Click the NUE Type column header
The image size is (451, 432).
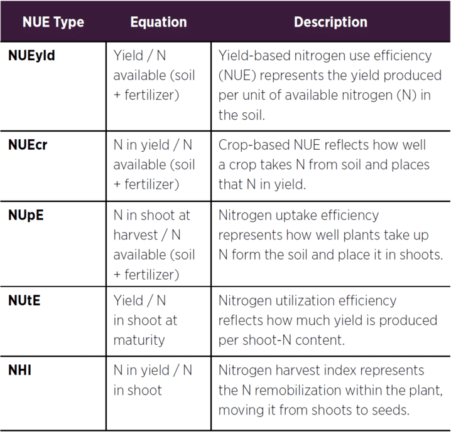pos(53,23)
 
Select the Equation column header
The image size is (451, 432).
pos(158,22)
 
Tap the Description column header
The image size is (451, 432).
pos(330,23)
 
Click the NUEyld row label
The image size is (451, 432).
pos(31,56)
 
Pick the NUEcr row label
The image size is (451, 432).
pos(28,145)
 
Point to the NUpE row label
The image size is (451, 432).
pos(26,216)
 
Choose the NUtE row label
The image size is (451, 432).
pos(24,300)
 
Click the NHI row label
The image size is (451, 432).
pos(19,371)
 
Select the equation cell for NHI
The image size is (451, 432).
pos(153,380)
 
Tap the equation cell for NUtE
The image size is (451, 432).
pos(145,320)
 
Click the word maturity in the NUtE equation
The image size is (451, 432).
pos(139,340)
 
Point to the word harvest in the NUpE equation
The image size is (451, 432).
pos(136,235)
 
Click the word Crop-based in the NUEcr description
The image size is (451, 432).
pos(254,145)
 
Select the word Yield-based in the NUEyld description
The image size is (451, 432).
pos(254,56)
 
